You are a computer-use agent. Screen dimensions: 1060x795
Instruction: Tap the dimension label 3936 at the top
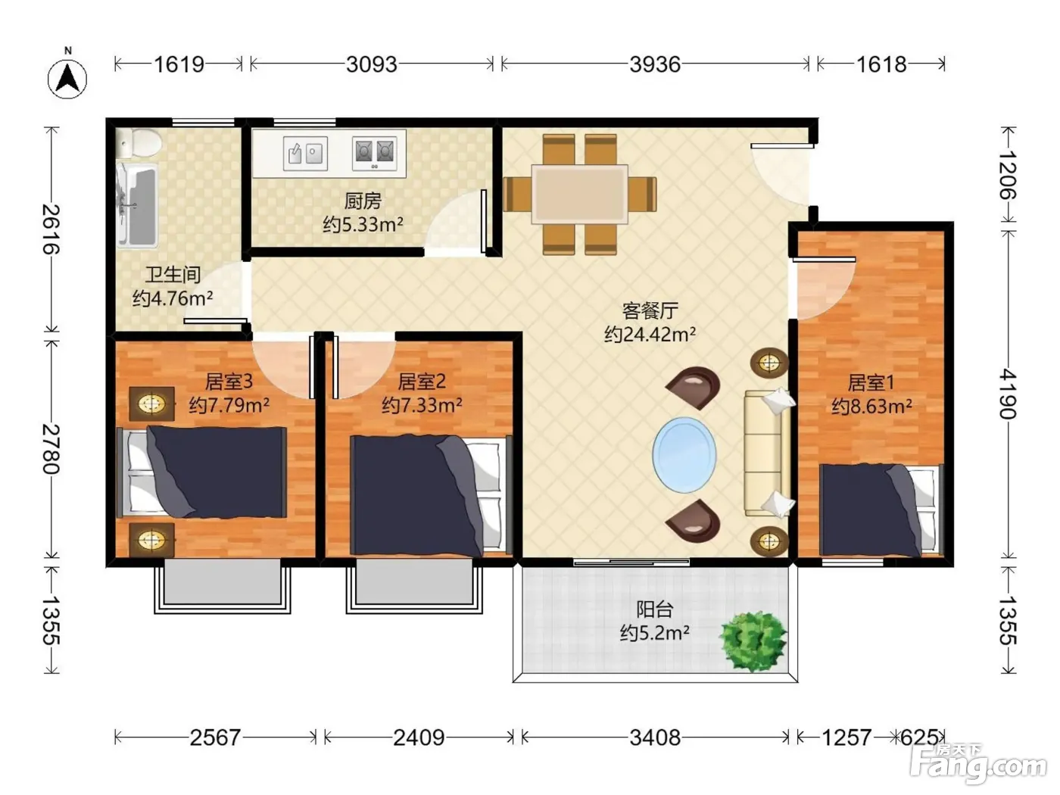[655, 64]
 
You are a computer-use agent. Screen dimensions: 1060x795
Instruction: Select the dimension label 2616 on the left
[51, 229]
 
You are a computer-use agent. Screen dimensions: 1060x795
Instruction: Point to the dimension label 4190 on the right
[1008, 394]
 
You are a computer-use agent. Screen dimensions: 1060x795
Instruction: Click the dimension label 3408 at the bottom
[655, 737]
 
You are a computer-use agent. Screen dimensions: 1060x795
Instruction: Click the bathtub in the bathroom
[137, 205]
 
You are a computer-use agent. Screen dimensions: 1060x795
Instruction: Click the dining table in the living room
[579, 194]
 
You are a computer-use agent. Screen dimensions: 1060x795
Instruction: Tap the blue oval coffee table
[684, 455]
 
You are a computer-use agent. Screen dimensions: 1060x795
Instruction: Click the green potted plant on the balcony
[753, 641]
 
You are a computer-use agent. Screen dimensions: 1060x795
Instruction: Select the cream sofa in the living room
[768, 453]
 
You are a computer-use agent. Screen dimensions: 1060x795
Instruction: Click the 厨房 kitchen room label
[363, 201]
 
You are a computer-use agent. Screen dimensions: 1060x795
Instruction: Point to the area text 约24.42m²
[650, 334]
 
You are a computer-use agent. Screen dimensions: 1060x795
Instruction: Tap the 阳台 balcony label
[654, 609]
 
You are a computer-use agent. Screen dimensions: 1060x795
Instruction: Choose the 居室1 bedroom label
[871, 383]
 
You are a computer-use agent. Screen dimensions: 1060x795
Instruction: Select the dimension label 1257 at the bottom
[846, 737]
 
